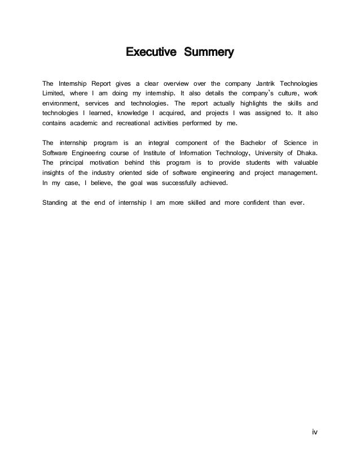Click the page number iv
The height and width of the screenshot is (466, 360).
pyautogui.click(x=315, y=432)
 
